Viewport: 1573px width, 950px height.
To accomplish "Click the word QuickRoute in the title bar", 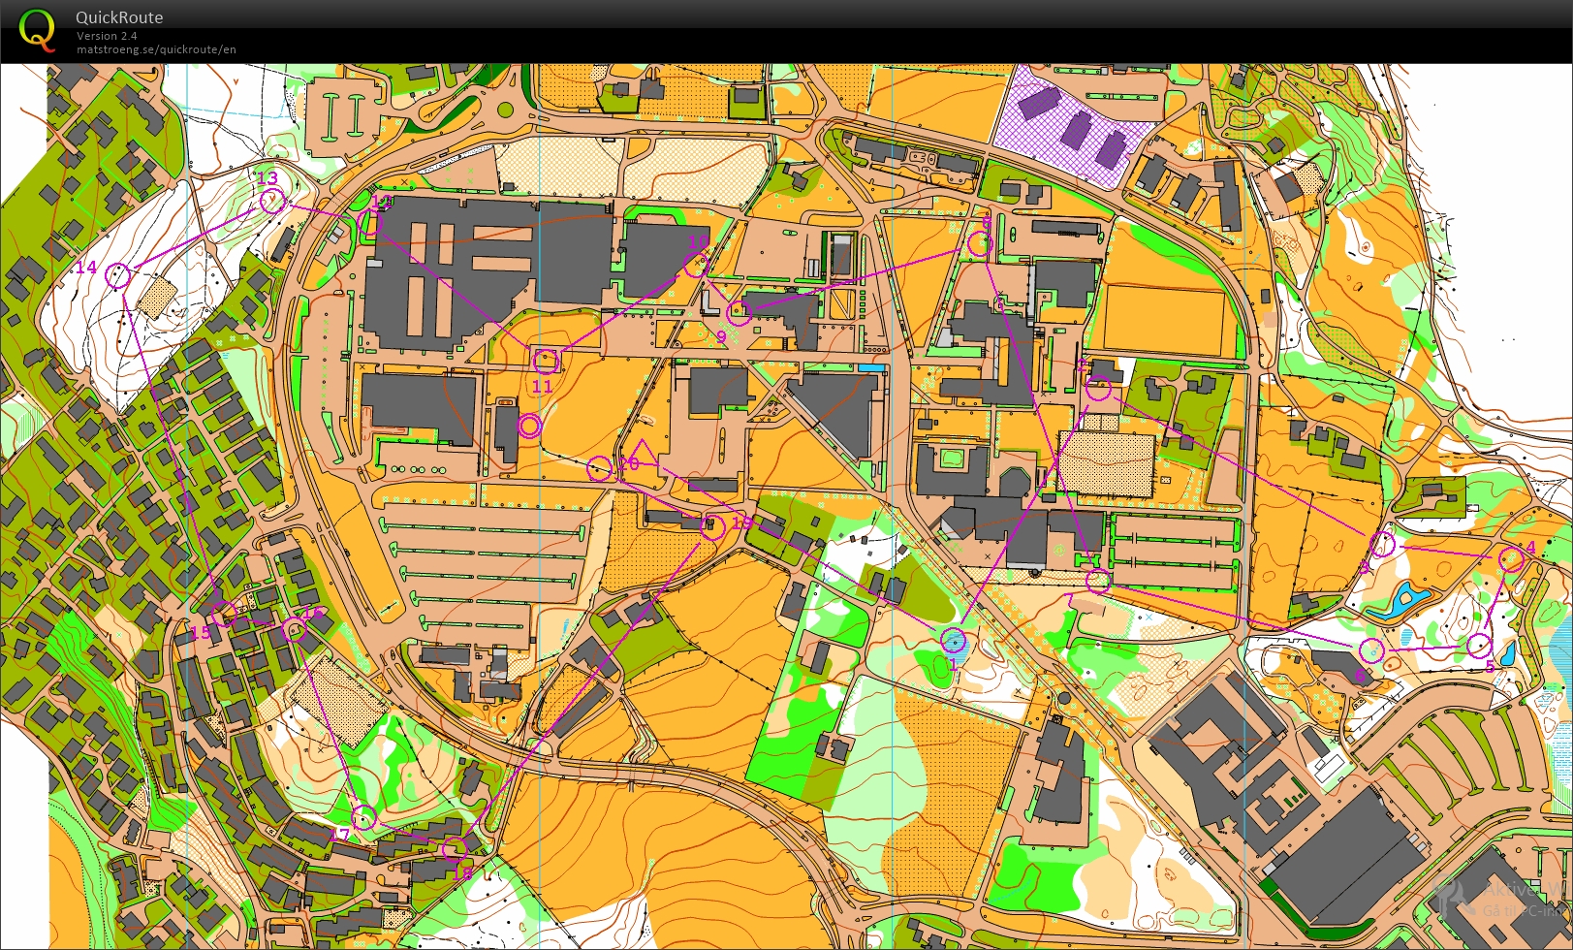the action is pyautogui.click(x=119, y=17).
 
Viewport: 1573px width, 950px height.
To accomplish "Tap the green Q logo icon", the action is pyautogui.click(x=37, y=29).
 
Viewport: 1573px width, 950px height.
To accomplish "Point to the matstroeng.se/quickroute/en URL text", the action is pyautogui.click(x=156, y=49).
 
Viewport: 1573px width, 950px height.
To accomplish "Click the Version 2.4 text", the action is pyautogui.click(x=107, y=36).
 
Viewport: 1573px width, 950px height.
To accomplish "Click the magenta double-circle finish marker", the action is pyautogui.click(x=529, y=426).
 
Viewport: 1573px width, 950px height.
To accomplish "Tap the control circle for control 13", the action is pyautogui.click(x=272, y=201).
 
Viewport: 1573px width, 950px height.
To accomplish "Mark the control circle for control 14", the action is pyautogui.click(x=117, y=276).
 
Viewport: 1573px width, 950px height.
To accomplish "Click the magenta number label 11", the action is pyautogui.click(x=542, y=386).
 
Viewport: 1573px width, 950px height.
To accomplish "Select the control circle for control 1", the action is pyautogui.click(x=953, y=640).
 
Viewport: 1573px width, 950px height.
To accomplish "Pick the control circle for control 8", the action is pyautogui.click(x=980, y=244).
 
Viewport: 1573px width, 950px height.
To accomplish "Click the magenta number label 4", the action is pyautogui.click(x=1530, y=547).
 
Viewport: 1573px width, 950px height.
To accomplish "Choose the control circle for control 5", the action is pyautogui.click(x=1477, y=645).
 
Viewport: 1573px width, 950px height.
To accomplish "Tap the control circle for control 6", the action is pyautogui.click(x=1370, y=649).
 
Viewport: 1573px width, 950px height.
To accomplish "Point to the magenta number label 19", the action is pyautogui.click(x=741, y=522).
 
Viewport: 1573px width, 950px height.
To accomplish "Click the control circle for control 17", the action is pyautogui.click(x=363, y=817).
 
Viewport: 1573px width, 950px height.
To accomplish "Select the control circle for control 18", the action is pyautogui.click(x=454, y=850).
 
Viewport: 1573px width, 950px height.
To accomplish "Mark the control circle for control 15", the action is pyautogui.click(x=224, y=614).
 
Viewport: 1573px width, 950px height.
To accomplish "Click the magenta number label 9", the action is pyautogui.click(x=721, y=337).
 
